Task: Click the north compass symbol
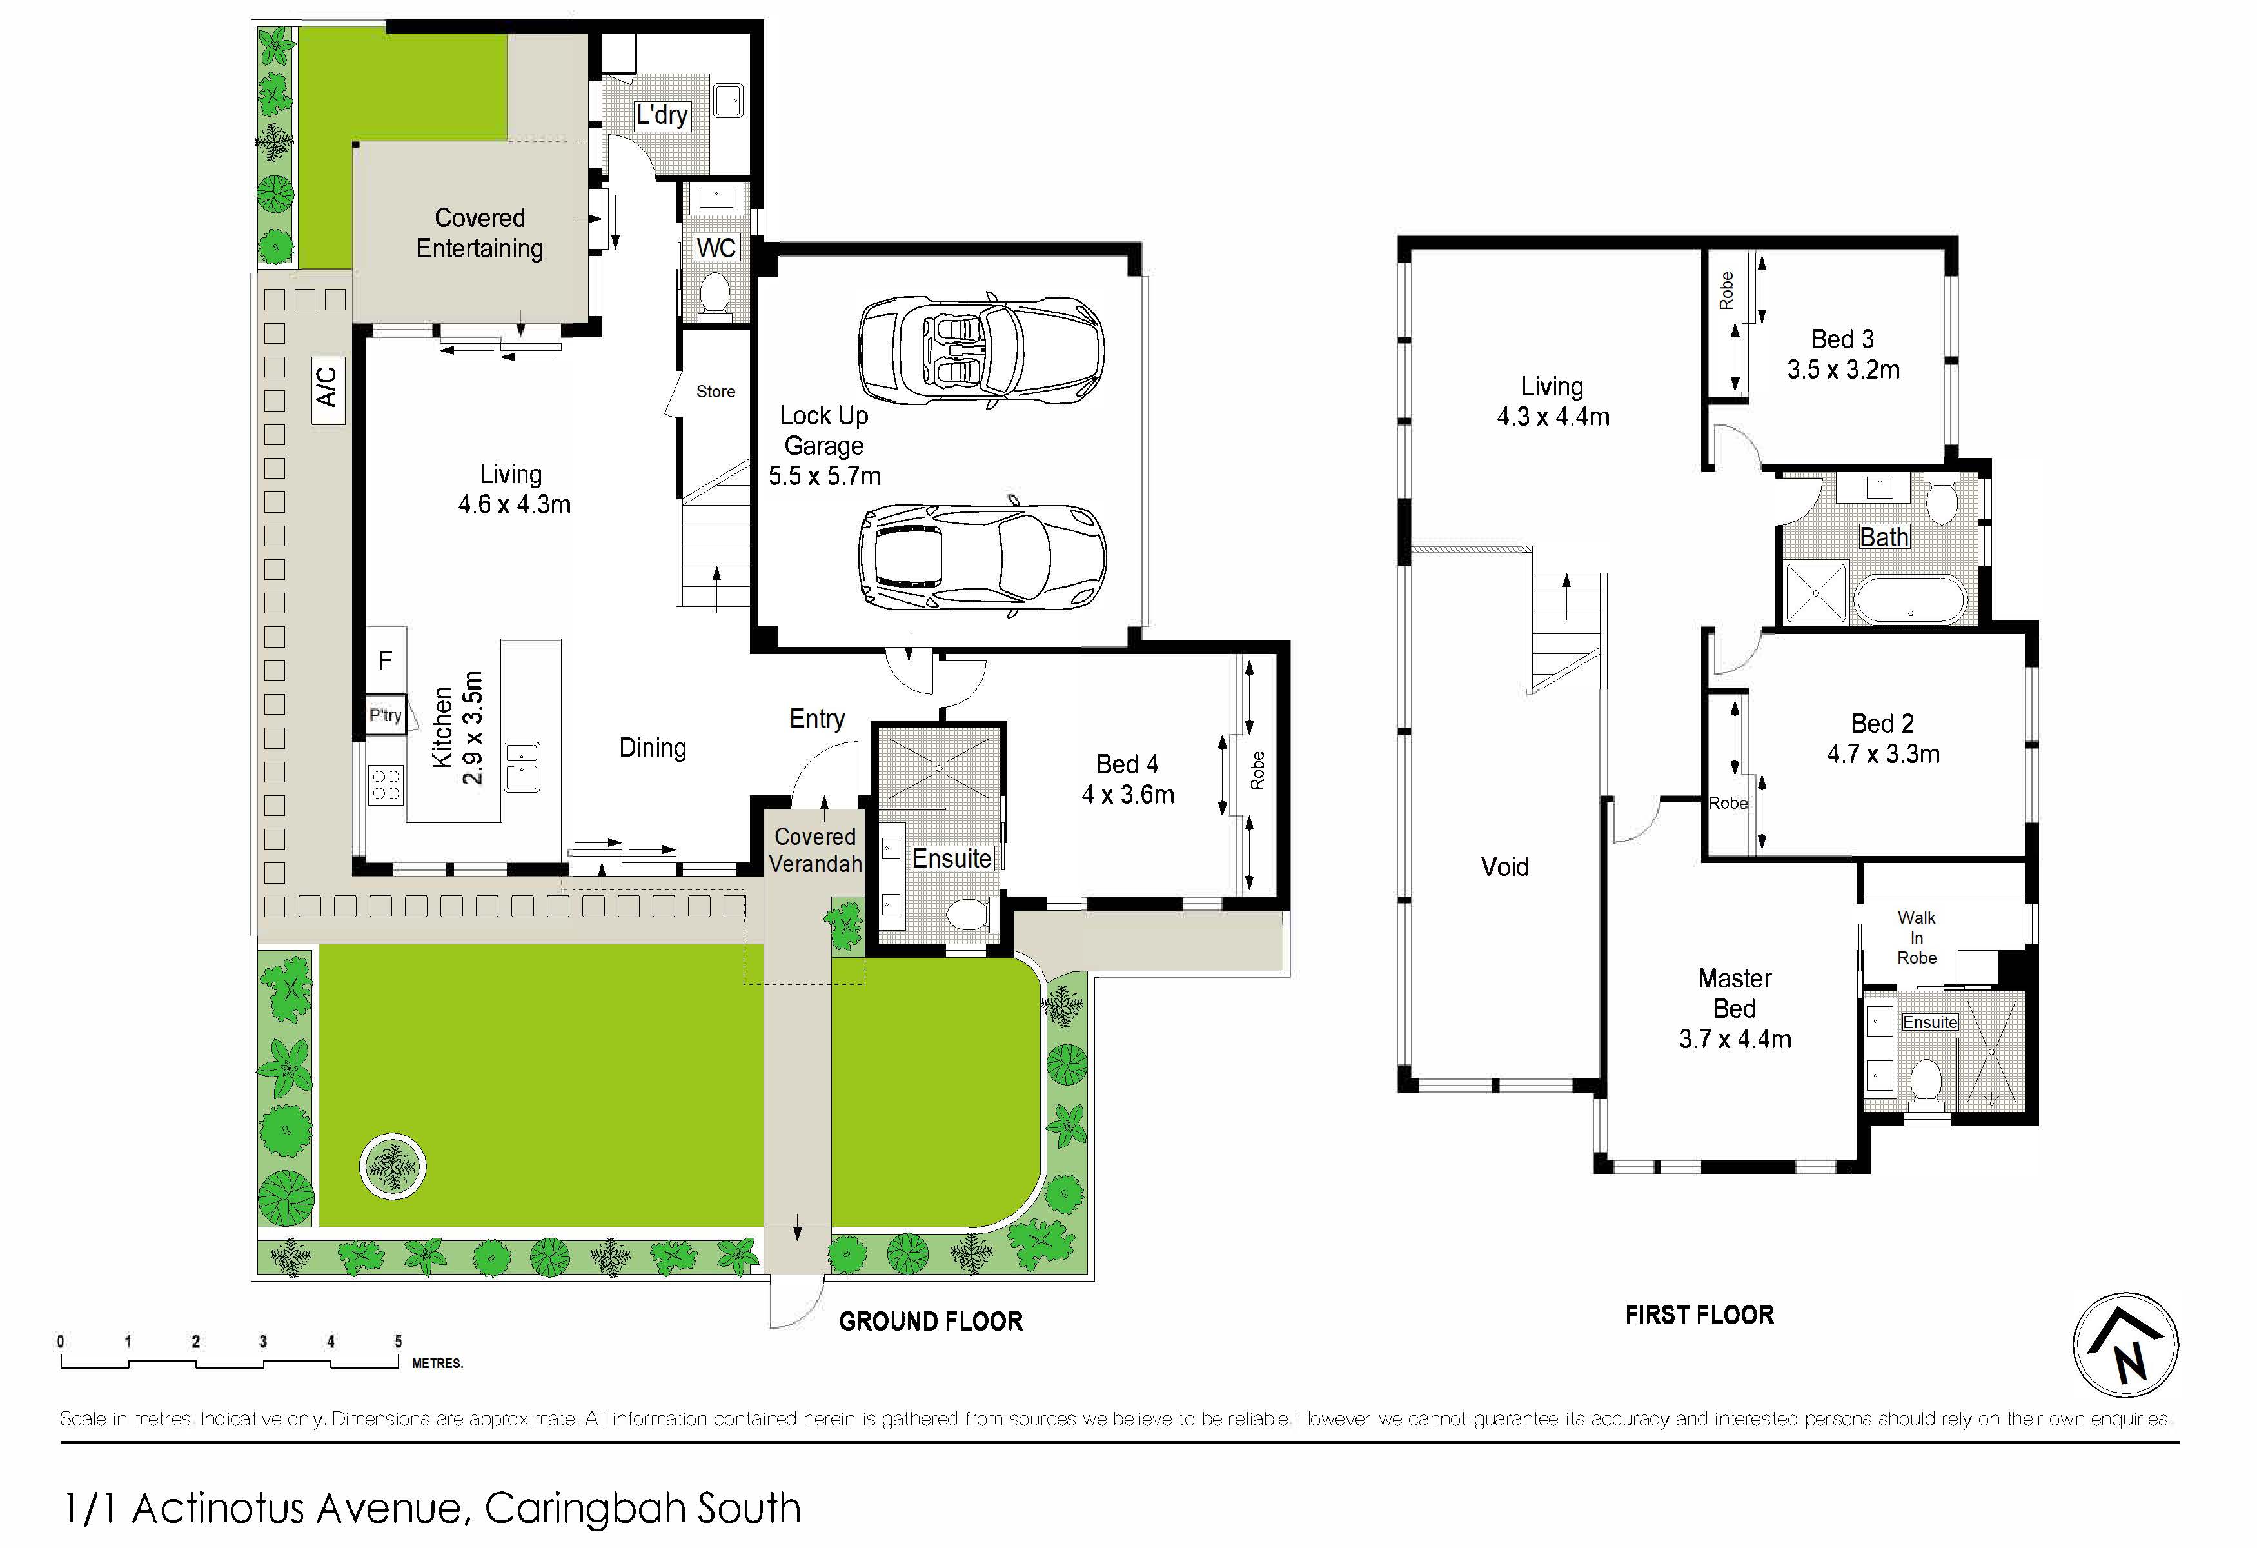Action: click(2126, 1345)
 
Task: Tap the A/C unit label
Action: click(328, 386)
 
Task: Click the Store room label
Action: click(716, 392)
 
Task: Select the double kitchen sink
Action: click(522, 767)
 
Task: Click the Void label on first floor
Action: click(1504, 866)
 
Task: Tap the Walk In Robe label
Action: click(1916, 937)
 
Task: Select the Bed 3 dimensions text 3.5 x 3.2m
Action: click(1843, 370)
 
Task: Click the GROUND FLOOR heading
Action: click(931, 1321)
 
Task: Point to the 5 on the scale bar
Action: click(398, 1341)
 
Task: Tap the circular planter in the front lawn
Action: click(391, 1166)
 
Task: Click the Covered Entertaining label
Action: click(480, 233)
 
